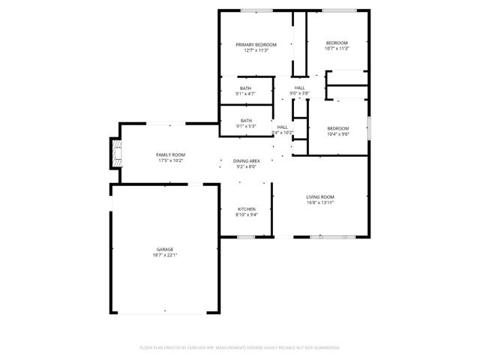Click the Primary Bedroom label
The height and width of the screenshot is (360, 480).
pyautogui.click(x=255, y=45)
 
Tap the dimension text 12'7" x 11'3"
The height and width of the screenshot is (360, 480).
pyautogui.click(x=255, y=50)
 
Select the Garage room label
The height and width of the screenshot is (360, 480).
pyautogui.click(x=165, y=249)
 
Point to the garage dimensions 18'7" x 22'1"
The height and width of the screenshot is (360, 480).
pyautogui.click(x=165, y=254)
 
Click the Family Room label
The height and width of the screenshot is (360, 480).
pyautogui.click(x=170, y=154)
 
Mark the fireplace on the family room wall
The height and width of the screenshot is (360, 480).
pyautogui.click(x=115, y=154)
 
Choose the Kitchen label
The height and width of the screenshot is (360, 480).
pyautogui.click(x=247, y=208)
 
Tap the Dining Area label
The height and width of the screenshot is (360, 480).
pyautogui.click(x=246, y=161)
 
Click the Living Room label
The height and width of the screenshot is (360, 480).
pyautogui.click(x=319, y=196)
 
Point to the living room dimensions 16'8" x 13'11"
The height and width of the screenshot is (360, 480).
pyautogui.click(x=319, y=202)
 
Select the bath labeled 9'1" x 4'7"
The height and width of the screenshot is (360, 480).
pyautogui.click(x=246, y=88)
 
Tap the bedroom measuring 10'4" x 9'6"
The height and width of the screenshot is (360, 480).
pyautogui.click(x=337, y=129)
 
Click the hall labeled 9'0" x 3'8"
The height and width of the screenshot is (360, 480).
pyautogui.click(x=299, y=88)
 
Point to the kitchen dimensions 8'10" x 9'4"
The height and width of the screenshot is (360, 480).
pyautogui.click(x=247, y=214)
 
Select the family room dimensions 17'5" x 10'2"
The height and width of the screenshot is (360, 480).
pyautogui.click(x=170, y=160)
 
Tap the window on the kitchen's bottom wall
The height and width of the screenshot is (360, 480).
pyautogui.click(x=246, y=237)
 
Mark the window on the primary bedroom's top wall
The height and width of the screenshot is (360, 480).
pyautogui.click(x=256, y=10)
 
